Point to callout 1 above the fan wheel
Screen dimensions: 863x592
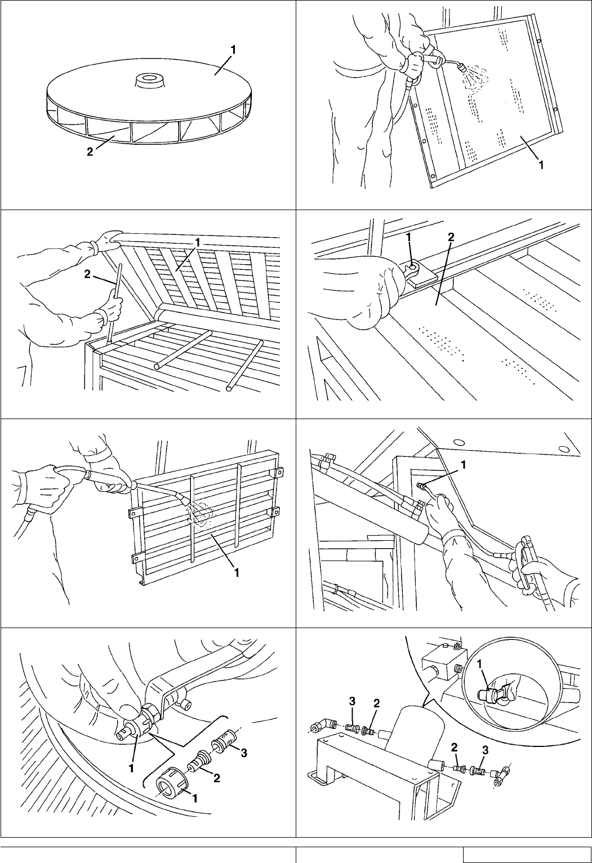[x=232, y=50]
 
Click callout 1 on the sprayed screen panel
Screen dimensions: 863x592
[x=541, y=164]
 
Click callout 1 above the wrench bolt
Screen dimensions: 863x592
[x=409, y=239]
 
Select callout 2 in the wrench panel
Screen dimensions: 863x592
[x=450, y=238]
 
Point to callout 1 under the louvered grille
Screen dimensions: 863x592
[x=237, y=572]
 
